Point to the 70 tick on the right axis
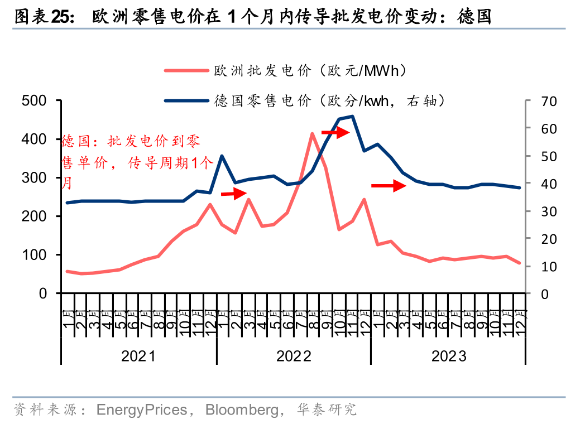(x=549, y=101)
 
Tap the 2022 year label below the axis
(x=294, y=356)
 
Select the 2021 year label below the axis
(x=138, y=356)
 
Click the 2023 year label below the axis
(x=449, y=356)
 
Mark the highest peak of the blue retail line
(x=352, y=116)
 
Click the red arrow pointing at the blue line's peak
(x=335, y=132)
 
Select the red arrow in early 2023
(x=389, y=186)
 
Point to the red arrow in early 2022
(x=233, y=194)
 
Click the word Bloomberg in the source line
(x=242, y=410)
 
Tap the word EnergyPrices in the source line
(x=141, y=410)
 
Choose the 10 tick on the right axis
(x=549, y=266)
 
